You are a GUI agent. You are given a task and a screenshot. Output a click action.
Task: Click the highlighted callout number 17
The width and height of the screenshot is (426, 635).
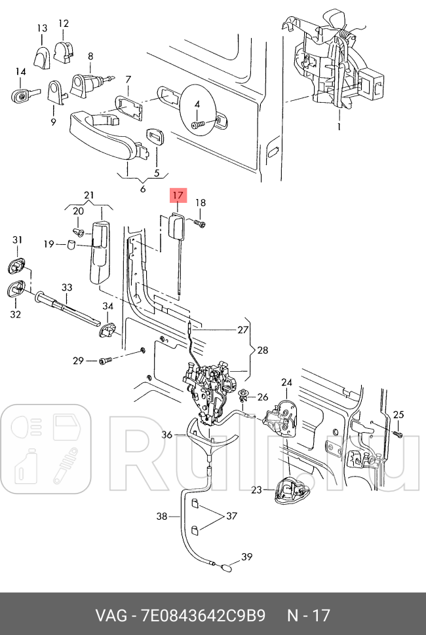click(178, 196)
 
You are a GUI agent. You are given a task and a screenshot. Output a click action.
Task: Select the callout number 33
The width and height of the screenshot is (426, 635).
click(67, 287)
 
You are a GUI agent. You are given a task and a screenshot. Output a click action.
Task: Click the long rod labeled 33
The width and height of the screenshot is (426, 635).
click(68, 308)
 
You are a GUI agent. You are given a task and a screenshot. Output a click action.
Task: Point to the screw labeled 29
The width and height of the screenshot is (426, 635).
click(105, 360)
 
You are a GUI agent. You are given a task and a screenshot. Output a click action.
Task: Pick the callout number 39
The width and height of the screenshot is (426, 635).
click(247, 557)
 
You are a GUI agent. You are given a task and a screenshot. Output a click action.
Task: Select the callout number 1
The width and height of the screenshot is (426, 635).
click(339, 127)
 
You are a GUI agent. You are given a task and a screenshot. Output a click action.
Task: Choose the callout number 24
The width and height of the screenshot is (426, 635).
click(286, 382)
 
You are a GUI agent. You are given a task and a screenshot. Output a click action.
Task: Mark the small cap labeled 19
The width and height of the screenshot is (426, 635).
click(71, 245)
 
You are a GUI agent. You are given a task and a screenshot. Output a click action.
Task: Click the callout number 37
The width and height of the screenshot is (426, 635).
click(231, 516)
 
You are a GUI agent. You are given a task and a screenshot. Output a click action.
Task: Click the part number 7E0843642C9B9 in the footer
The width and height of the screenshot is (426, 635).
click(203, 615)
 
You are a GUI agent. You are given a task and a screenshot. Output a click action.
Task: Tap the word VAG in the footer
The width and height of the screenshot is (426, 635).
click(111, 615)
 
